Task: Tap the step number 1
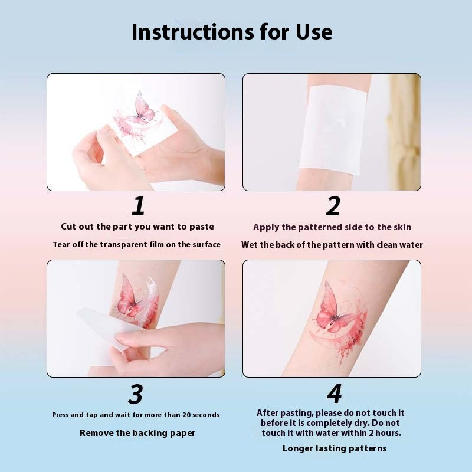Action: [138, 206]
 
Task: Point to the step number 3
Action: [136, 394]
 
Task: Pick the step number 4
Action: [335, 394]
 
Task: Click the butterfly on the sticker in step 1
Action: [143, 108]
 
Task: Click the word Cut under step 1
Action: [69, 227]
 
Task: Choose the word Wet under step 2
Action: [250, 245]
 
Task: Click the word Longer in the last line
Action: [299, 448]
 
